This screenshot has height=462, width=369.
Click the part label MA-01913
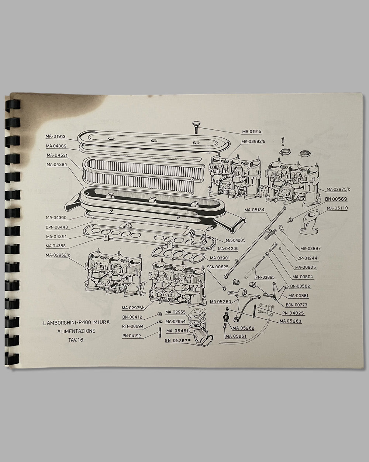pos(55,136)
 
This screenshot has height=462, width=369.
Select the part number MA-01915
pos(252,131)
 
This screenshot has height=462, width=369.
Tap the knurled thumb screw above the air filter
pos(196,127)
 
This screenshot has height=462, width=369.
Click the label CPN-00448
pos(57,227)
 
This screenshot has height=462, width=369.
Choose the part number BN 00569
pos(336,199)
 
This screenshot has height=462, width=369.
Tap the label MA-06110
pos(337,208)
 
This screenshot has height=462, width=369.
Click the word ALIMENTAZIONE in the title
pos(76,331)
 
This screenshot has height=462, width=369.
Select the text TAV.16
pos(76,340)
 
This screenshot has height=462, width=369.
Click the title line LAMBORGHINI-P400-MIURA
pos(76,322)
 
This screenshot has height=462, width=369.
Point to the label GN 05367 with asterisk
pos(178,340)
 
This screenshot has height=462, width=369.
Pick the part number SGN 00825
pos(218,267)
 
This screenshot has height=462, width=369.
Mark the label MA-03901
pos(220,258)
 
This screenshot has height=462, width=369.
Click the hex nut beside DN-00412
pos(159,314)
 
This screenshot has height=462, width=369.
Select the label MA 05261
pos(236,336)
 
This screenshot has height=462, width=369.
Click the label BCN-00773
pos(296,305)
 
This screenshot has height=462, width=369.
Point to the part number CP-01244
pos(307,258)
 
